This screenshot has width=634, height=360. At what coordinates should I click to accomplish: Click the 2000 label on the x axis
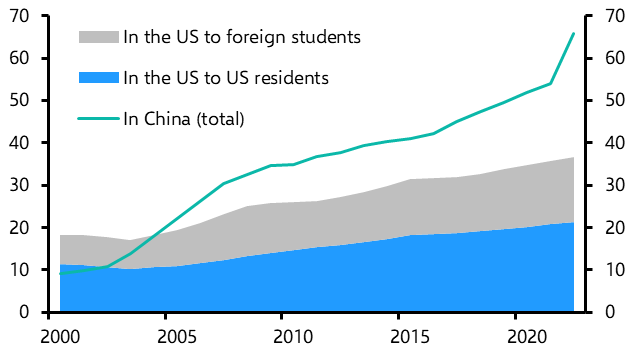pos(60,337)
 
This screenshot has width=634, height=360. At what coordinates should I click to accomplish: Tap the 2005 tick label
pos(177,337)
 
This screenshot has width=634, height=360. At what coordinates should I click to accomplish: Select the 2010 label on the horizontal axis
pos(293,337)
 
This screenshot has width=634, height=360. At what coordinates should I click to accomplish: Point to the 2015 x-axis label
pos(410,337)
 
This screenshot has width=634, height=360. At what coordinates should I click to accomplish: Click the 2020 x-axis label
pos(526,337)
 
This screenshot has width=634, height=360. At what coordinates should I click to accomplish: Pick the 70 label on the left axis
pos(19,16)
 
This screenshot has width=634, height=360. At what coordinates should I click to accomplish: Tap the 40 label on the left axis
pos(19,143)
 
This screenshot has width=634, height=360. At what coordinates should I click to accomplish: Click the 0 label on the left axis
pos(24,312)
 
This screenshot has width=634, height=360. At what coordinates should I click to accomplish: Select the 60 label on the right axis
pos(615,58)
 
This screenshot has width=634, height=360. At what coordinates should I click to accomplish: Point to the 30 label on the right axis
pos(615,185)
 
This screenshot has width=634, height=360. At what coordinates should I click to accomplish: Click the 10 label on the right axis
pos(615,270)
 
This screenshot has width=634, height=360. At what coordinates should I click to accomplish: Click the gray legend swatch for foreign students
pos(99,37)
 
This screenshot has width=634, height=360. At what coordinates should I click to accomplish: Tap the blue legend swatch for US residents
pos(99,78)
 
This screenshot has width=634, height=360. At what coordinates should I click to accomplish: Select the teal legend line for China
pos(99,119)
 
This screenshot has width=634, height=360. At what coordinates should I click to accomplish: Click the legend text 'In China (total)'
pos(184,119)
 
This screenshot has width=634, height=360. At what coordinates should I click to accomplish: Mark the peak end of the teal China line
pos(573,34)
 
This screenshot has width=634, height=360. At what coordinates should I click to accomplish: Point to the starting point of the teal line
pos(60,274)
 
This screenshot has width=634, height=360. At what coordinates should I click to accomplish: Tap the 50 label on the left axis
pos(19,101)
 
